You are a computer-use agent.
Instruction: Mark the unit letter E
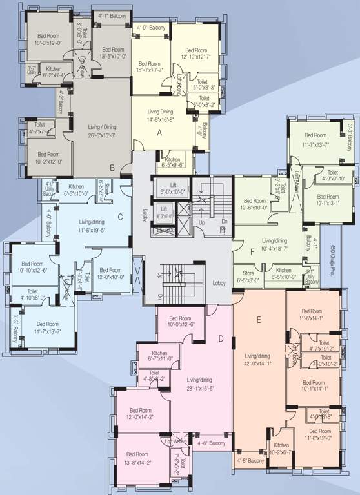pyautogui.click(x=258, y=319)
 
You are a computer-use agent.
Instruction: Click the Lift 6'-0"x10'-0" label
pyautogui.click(x=172, y=188)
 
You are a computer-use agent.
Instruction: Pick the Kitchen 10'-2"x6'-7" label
pyautogui.click(x=281, y=449)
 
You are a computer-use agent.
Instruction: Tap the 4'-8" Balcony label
pyautogui.click(x=250, y=461)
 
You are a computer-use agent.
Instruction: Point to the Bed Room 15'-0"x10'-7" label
pyautogui.click(x=149, y=67)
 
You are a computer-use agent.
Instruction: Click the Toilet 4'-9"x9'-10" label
pyautogui.click(x=333, y=176)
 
